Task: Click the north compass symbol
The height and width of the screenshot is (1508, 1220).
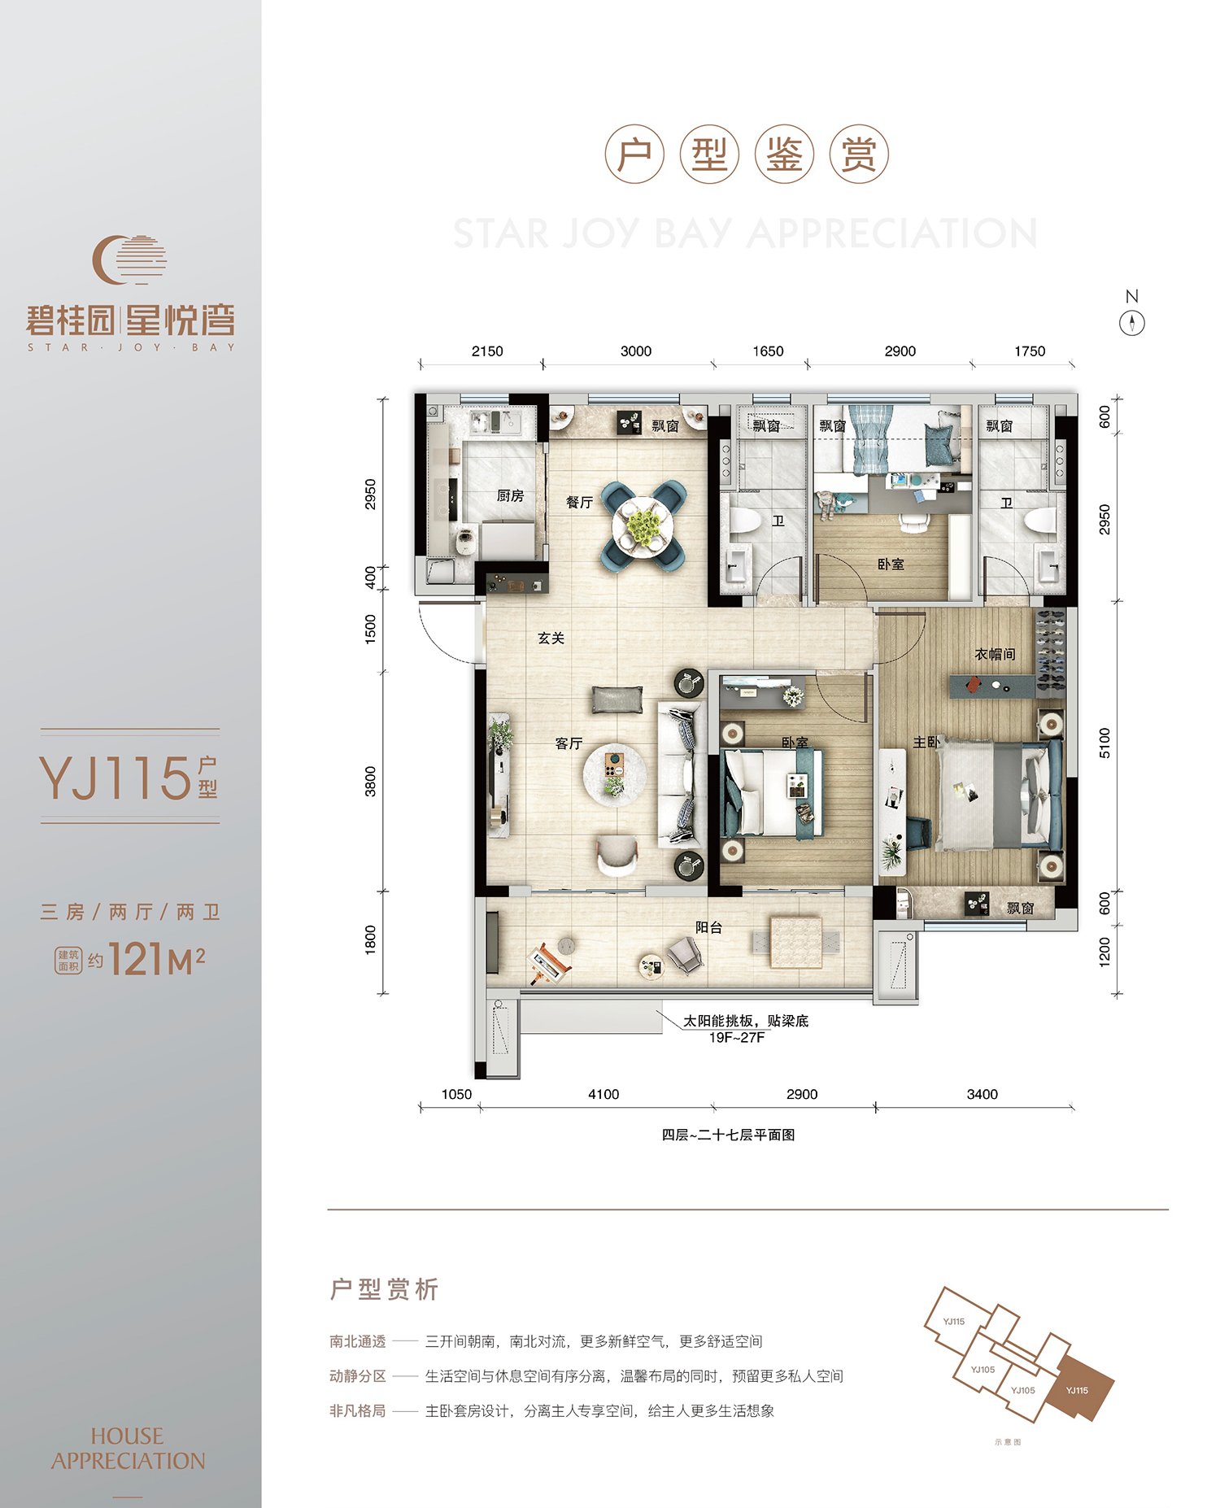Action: [x=1131, y=323]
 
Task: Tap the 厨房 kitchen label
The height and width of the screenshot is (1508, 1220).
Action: [x=510, y=495]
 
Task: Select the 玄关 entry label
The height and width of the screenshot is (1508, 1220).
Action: [x=551, y=638]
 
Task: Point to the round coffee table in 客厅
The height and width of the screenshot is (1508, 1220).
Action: [x=615, y=774]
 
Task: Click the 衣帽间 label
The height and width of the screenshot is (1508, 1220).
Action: [x=995, y=654]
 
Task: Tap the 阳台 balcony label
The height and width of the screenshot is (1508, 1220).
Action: [x=708, y=927]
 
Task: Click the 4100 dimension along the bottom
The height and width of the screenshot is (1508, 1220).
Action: [x=603, y=1094]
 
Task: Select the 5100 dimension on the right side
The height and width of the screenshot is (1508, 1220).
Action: [x=1105, y=743]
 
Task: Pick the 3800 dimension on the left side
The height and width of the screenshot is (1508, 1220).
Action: [x=371, y=781]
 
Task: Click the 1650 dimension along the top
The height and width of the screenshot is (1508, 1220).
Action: [x=768, y=351]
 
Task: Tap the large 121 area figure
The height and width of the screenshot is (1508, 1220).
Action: [x=137, y=959]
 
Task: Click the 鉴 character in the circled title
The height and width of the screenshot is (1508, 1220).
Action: [x=784, y=155]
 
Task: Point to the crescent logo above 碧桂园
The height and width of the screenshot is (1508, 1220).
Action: [x=129, y=259]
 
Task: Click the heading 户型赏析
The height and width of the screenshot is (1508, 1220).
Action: [x=384, y=1289]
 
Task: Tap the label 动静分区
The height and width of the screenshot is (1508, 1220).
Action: [x=358, y=1375]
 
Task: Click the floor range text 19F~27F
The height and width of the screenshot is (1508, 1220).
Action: [x=737, y=1037]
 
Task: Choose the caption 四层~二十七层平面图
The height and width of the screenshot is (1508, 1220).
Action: [x=728, y=1135]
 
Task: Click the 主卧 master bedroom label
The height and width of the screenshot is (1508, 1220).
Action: [x=926, y=742]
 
